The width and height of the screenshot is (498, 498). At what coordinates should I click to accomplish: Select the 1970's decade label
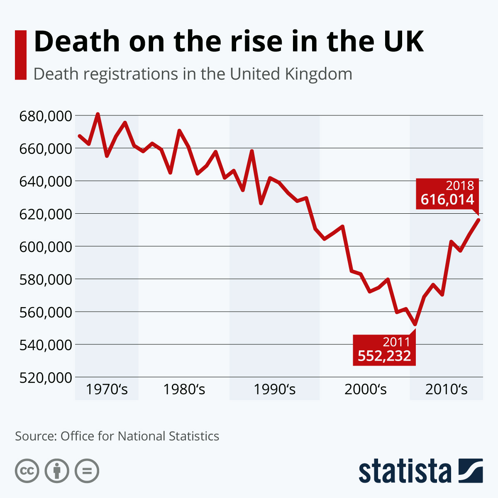tap(107, 390)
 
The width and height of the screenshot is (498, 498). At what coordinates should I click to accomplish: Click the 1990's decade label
tap(274, 390)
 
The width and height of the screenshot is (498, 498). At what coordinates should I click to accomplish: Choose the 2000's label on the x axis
tap(365, 390)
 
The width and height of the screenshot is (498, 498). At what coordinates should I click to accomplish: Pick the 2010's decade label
tap(446, 390)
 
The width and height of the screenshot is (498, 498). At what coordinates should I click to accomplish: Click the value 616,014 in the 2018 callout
tap(447, 200)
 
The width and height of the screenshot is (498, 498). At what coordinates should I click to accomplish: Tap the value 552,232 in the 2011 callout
tap(384, 356)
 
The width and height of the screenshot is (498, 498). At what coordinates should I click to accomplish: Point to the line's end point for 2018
tap(478, 220)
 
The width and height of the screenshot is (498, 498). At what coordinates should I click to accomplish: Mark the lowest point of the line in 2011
tap(415, 324)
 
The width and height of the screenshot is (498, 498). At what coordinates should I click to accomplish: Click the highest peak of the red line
tap(98, 114)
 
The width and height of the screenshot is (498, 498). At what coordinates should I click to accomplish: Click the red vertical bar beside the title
tap(21, 55)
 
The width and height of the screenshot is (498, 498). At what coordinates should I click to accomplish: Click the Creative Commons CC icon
tap(27, 471)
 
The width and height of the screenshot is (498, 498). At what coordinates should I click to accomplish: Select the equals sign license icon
tap(87, 471)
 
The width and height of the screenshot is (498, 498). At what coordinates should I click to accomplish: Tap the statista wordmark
tap(405, 471)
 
